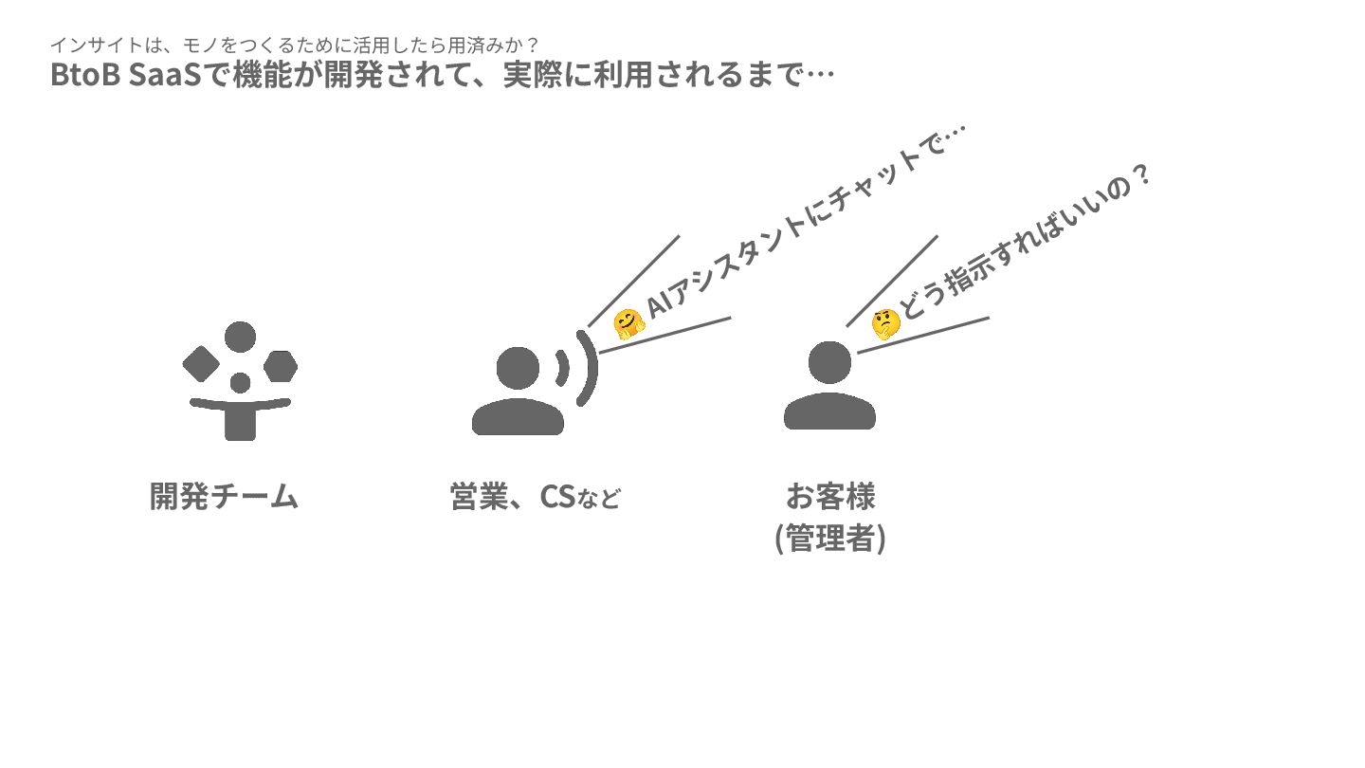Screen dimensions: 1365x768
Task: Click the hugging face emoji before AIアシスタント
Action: pyautogui.click(x=628, y=324)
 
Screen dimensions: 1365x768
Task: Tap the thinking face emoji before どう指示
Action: pyautogui.click(x=885, y=323)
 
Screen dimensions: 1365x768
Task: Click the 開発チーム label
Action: pyautogui.click(x=225, y=496)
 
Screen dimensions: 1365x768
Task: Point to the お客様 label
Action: pyautogui.click(x=830, y=496)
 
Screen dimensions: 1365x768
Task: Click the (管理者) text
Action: pyautogui.click(x=830, y=539)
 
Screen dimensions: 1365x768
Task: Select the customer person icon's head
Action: pyautogui.click(x=829, y=363)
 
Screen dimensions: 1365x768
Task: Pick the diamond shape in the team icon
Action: pyautogui.click(x=201, y=364)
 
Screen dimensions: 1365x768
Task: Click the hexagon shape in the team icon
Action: pyautogui.click(x=281, y=365)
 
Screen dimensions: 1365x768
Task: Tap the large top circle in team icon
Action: pyautogui.click(x=241, y=337)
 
